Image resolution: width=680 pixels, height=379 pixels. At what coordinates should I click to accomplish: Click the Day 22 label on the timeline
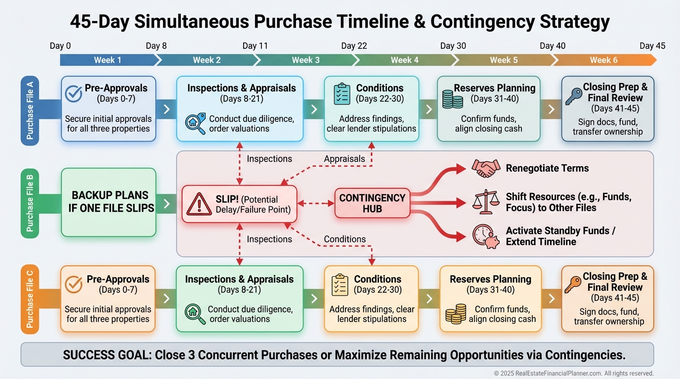point(355,46)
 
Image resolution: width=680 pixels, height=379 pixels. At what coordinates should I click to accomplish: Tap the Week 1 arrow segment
point(108,60)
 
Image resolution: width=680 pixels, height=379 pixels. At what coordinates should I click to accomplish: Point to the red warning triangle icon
point(199,204)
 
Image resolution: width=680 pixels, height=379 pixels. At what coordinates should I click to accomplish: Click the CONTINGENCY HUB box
point(372,203)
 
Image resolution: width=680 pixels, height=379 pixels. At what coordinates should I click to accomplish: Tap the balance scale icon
point(485,201)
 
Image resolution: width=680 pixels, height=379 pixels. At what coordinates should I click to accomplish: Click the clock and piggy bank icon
point(485,236)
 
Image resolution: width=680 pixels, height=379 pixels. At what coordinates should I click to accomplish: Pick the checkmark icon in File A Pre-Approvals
point(74,93)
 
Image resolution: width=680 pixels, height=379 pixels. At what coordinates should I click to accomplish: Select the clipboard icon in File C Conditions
point(340,284)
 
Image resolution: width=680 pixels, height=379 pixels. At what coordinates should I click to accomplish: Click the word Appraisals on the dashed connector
point(344,159)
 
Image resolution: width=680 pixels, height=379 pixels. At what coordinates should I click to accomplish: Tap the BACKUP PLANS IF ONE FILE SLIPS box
point(108,201)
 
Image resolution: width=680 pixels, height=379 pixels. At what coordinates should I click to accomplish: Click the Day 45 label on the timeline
point(652,46)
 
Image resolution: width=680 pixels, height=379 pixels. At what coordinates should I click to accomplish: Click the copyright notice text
point(573,374)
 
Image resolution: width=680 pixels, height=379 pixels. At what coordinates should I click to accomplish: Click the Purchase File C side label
point(30,298)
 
